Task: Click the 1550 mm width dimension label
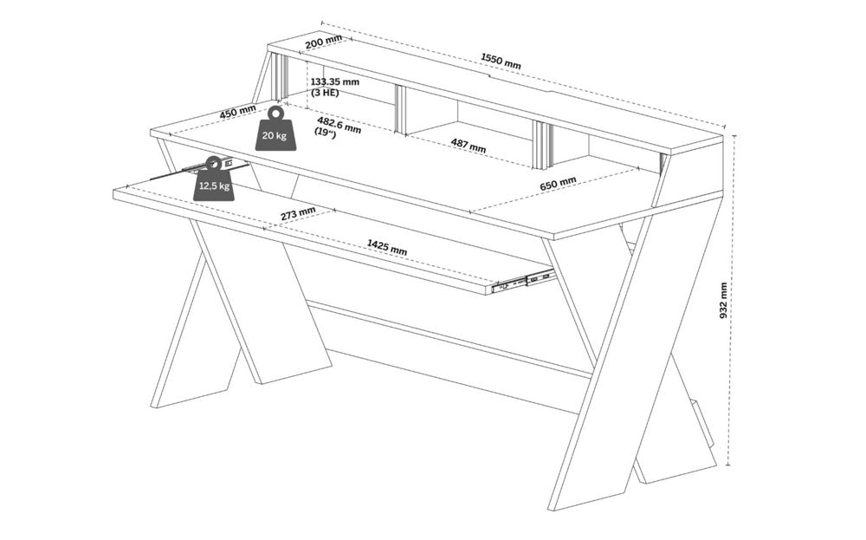(501, 60)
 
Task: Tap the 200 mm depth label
(323, 42)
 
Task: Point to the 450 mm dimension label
(237, 113)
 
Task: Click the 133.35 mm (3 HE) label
(334, 88)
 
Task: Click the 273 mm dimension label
(297, 213)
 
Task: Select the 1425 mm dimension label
(386, 248)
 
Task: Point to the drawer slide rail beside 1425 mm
(520, 281)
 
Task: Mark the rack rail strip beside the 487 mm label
(540, 144)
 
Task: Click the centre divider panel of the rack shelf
(400, 109)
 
